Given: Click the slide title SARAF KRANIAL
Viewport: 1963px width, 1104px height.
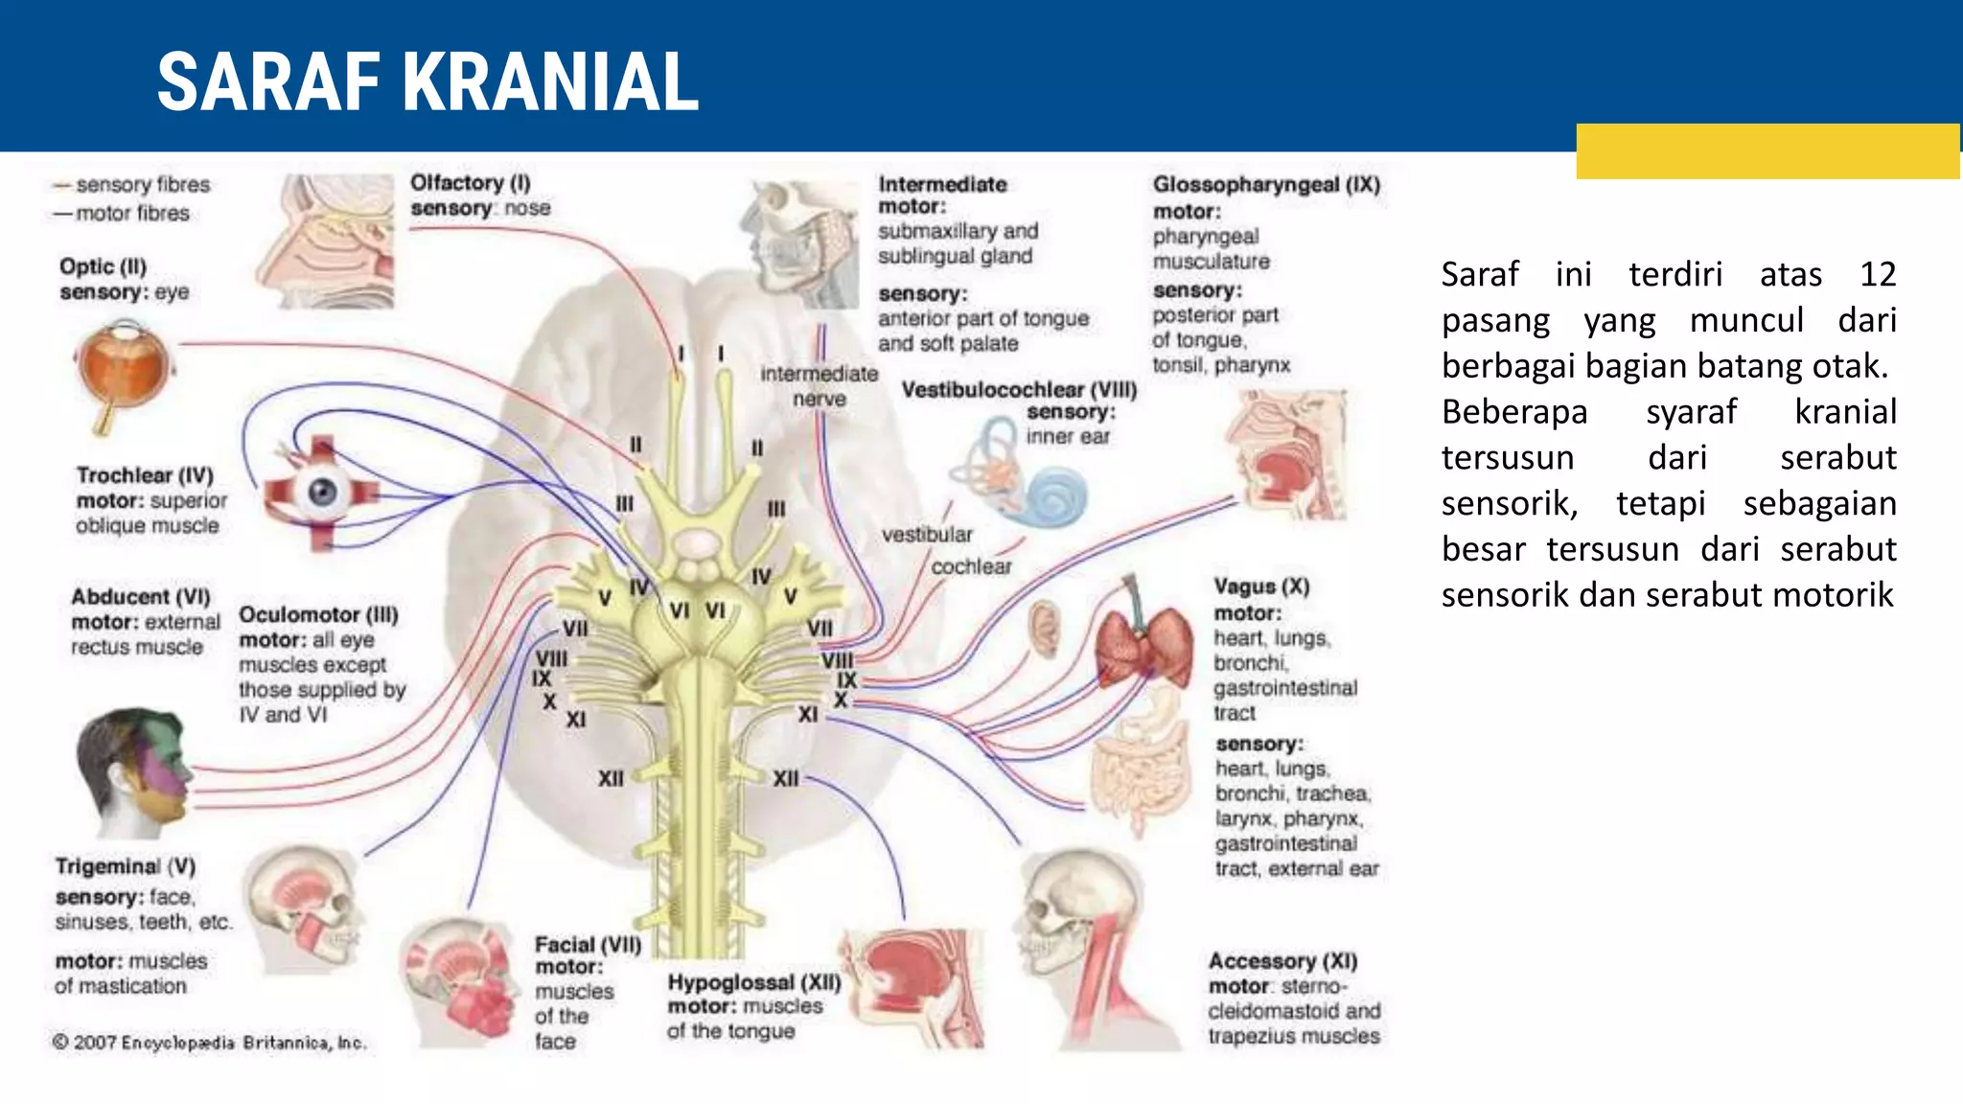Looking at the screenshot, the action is pos(427,82).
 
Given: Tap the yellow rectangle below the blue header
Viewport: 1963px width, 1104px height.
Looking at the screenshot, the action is pos(1767,151).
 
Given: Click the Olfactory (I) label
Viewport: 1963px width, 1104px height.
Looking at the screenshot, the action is pos(470,183).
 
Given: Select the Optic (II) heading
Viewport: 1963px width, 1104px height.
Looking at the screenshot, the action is pos(103,266).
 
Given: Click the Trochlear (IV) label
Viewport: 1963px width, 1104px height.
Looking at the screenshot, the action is pos(145,475).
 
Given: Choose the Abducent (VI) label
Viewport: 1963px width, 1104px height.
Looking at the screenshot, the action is pos(141,597).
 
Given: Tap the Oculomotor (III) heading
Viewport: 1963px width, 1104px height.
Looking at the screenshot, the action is pos(318,614).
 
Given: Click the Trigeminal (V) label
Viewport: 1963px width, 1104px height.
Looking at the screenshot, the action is pos(126,866).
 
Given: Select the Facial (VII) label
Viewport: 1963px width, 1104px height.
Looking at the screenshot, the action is pos(588,945).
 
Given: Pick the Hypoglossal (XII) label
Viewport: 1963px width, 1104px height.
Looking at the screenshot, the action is pos(754,982).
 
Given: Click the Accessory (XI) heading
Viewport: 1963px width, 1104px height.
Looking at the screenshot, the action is pos(1282,961).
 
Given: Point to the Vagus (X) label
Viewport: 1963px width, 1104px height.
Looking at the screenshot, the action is pos(1261,586).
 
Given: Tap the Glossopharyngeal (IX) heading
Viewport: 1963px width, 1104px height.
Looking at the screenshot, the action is pos(1266,184).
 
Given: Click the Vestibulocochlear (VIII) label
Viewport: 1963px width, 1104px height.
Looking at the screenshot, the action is pos(1019,390).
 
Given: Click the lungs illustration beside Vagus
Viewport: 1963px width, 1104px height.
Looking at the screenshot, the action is pos(1143,639).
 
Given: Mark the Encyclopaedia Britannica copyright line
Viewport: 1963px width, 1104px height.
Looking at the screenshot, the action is pos(209,1043).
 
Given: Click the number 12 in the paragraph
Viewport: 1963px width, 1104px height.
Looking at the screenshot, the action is pos(1878,275).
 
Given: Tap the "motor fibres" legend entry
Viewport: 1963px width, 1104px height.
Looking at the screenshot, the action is pos(122,213).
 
